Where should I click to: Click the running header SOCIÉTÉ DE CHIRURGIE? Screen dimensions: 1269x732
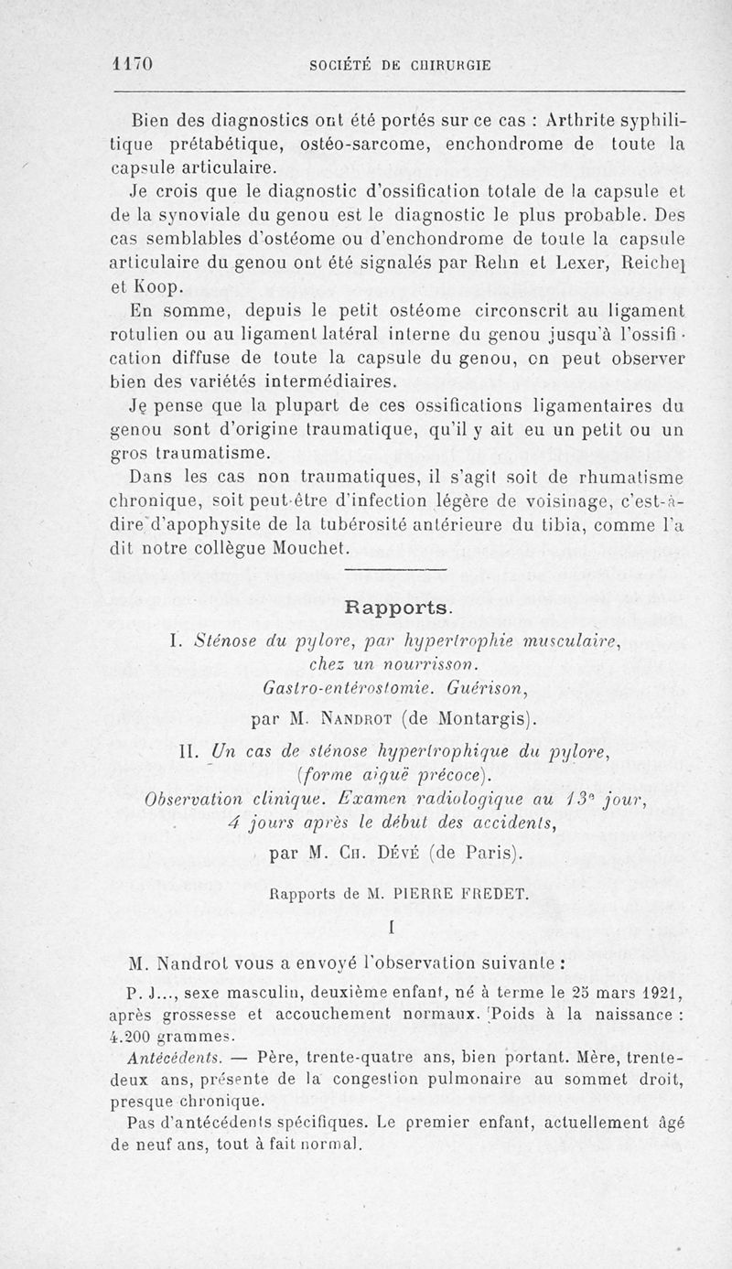click(400, 65)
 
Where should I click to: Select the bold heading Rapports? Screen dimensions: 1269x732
click(396, 608)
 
